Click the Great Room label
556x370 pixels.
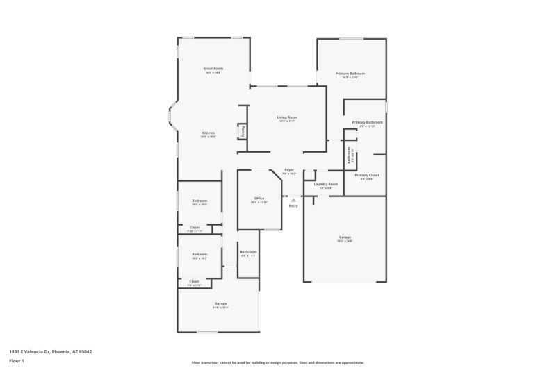[213, 69]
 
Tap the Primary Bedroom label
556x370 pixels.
[350, 74]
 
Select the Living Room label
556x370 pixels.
[287, 118]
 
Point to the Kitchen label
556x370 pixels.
[208, 133]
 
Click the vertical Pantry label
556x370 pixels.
[243, 131]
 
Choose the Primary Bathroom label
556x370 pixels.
[367, 123]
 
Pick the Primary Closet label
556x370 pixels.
[366, 176]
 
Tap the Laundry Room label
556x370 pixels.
[326, 184]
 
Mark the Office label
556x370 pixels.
[259, 199]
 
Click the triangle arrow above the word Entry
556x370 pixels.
[293, 200]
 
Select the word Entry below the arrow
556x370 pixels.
[293, 206]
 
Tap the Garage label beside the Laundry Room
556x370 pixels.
[345, 237]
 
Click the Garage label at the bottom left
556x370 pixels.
[220, 304]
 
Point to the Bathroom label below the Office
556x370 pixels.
[248, 252]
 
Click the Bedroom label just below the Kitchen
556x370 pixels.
[199, 201]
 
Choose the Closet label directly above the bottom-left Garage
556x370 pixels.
[194, 281]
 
